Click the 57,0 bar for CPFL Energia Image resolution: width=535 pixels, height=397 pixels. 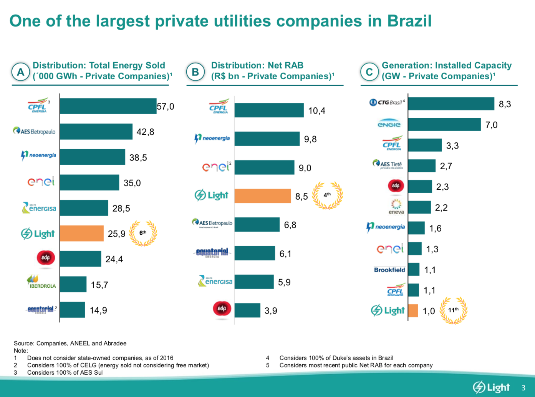[108, 106]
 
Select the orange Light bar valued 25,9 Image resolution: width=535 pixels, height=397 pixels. [82, 234]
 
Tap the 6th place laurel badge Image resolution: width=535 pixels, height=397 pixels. [143, 233]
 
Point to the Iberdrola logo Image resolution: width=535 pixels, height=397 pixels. [41, 282]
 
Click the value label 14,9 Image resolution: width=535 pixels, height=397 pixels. [98, 310]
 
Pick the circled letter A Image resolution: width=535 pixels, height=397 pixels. [21, 72]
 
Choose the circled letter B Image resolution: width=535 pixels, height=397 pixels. [195, 72]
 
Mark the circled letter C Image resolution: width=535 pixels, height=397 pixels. [369, 72]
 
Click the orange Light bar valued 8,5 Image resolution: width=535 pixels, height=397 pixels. [263, 196]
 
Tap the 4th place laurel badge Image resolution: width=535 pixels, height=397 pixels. [327, 195]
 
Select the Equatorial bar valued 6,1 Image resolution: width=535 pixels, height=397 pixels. [255, 254]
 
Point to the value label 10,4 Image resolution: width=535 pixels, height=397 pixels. [316, 111]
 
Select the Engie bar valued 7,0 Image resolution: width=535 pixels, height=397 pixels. [444, 125]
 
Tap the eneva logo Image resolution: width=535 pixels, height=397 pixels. [396, 207]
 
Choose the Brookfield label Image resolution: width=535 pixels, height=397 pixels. [389, 270]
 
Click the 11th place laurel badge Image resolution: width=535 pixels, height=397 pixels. [453, 310]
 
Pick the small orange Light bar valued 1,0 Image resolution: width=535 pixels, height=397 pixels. [413, 311]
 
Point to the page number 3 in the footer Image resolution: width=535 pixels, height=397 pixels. [523, 388]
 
